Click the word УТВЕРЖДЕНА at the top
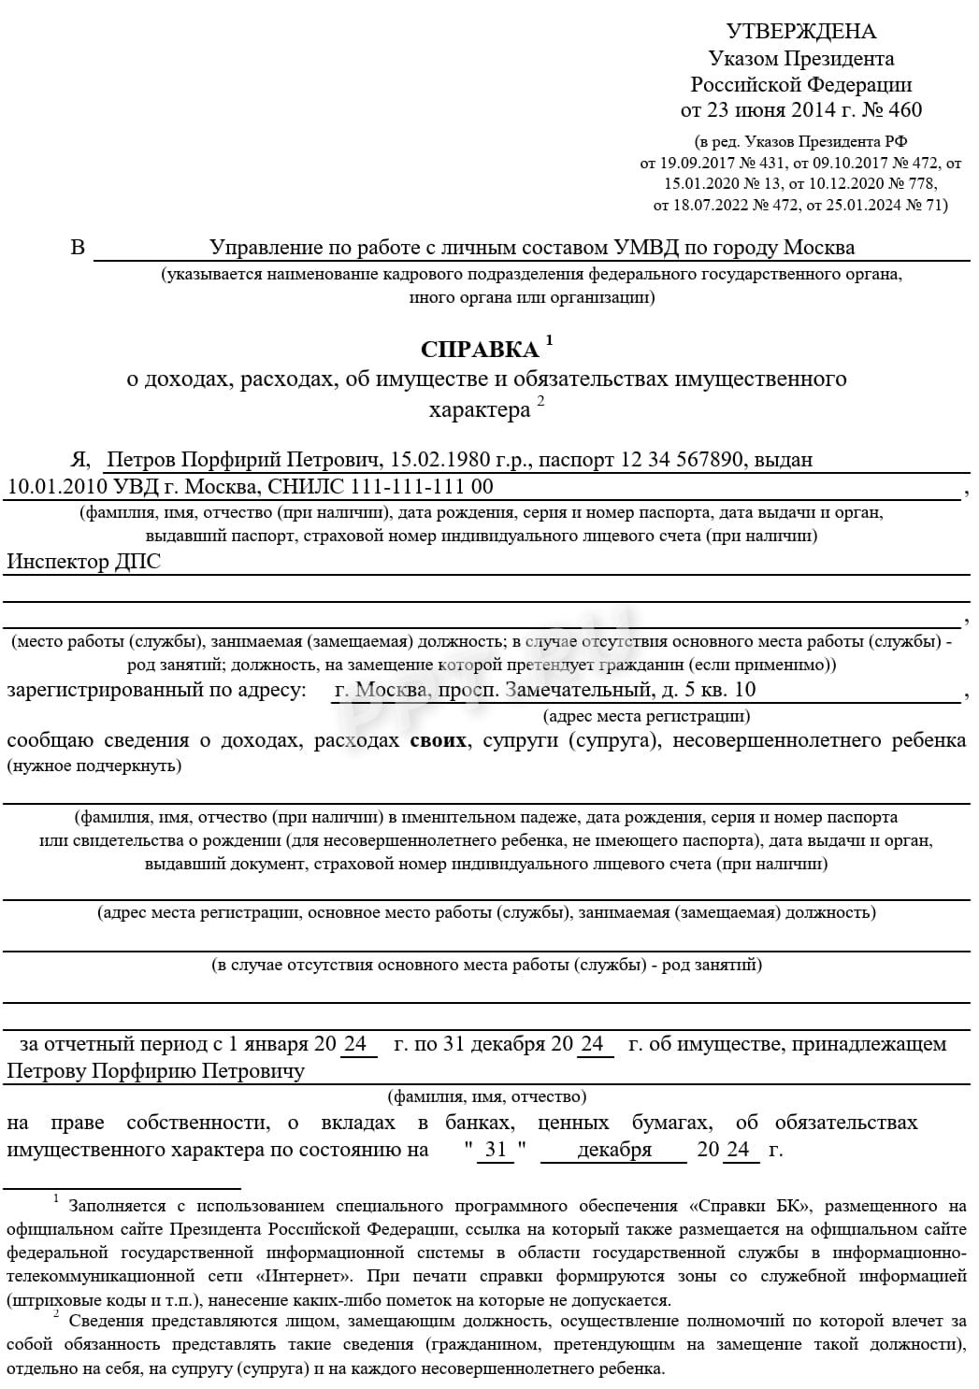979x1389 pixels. [x=800, y=32]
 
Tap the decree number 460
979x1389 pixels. [x=905, y=110]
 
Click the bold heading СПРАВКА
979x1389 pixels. [x=479, y=350]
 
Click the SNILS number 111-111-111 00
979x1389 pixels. [x=421, y=487]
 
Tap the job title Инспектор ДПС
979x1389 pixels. [x=84, y=562]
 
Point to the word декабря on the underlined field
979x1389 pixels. [x=613, y=1151]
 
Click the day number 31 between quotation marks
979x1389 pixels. [x=495, y=1151]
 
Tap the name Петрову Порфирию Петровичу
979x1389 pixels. [x=155, y=1071]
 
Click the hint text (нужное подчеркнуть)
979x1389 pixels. [x=94, y=766]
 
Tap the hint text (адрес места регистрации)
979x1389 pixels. [x=646, y=717]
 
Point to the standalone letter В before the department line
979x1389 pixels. [x=78, y=248]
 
